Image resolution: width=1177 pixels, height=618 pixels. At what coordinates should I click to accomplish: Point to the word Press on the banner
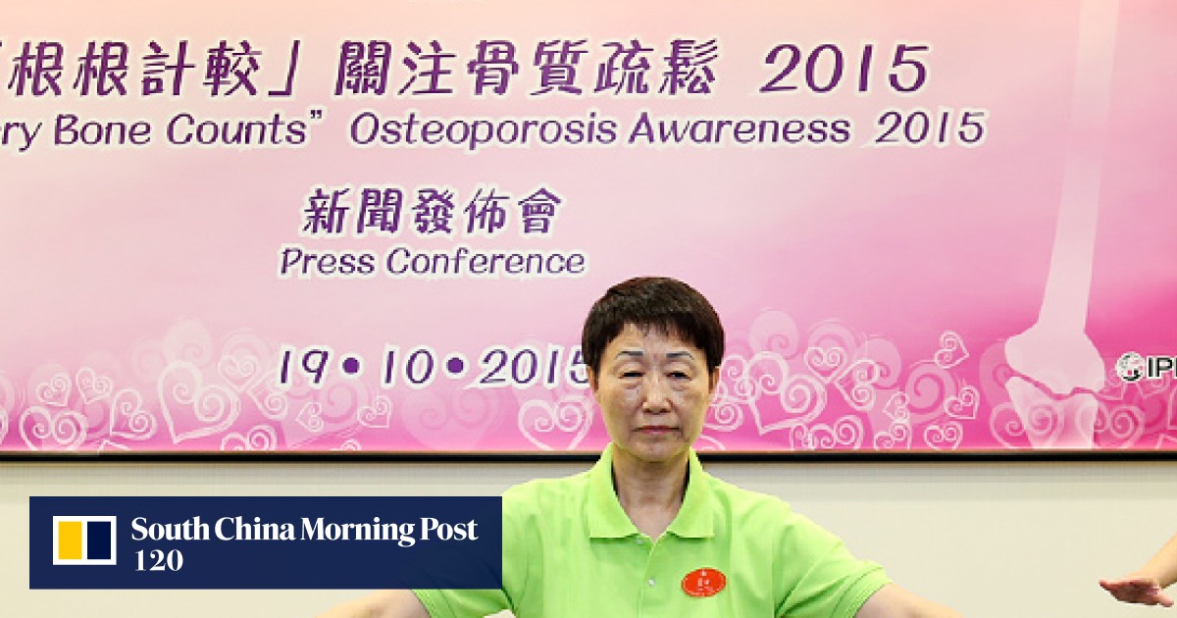(x=328, y=262)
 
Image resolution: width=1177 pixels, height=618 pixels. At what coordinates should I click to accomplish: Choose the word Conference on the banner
(x=486, y=262)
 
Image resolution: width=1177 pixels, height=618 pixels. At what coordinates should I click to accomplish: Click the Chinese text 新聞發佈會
(x=433, y=213)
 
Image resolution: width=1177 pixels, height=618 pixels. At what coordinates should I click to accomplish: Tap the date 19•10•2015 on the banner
(x=433, y=367)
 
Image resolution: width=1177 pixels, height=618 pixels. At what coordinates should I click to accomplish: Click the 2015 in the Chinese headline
(x=843, y=71)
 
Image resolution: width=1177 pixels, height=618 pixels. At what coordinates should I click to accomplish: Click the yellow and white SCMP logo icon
(x=84, y=541)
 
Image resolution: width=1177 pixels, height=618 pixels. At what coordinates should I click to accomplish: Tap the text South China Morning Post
(x=304, y=531)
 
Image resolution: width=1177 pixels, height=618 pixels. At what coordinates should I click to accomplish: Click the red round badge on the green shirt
(x=702, y=582)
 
